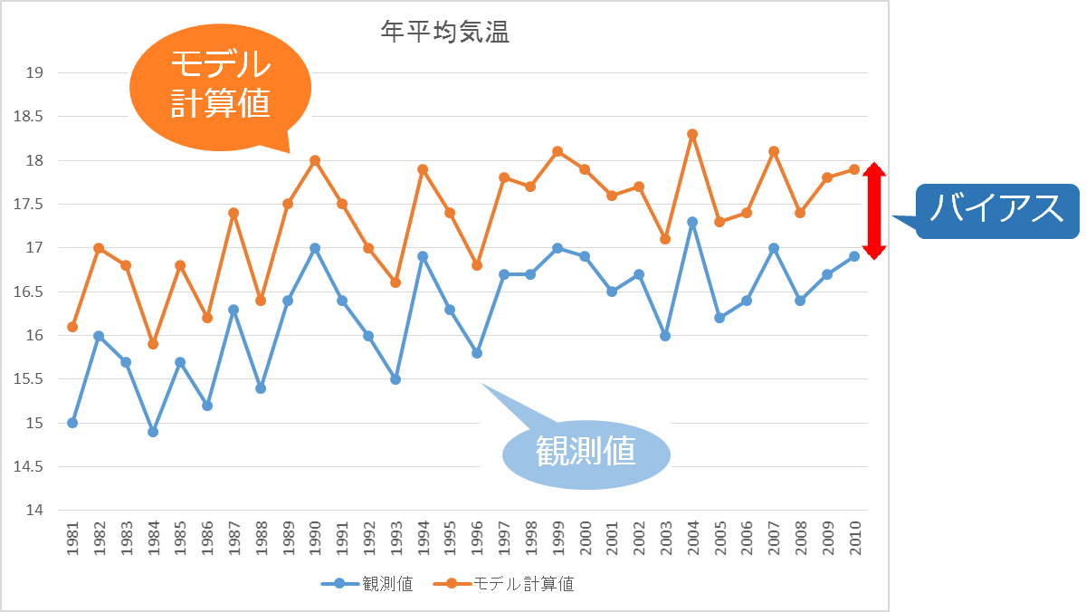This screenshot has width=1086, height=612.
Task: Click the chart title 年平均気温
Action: point(444,33)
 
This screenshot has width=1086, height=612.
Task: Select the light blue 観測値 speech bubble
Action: point(586,450)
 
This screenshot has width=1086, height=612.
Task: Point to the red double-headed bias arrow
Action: point(872,211)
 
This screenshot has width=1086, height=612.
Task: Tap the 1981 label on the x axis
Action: point(72,539)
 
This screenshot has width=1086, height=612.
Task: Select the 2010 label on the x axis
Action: point(853,539)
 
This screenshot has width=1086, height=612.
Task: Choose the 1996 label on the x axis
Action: point(477,539)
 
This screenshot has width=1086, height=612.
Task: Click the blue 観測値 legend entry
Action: point(367,584)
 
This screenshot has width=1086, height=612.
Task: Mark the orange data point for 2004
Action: point(692,134)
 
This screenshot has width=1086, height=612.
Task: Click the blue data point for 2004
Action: point(692,222)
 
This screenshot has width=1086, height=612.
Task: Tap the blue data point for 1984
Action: point(153,432)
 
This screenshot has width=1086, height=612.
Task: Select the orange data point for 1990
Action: point(315,160)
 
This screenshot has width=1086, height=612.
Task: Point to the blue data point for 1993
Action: point(395,379)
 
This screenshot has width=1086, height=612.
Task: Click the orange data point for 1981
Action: point(72,327)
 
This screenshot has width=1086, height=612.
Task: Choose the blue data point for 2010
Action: point(853,256)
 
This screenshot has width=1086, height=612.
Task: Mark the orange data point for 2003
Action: point(665,239)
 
